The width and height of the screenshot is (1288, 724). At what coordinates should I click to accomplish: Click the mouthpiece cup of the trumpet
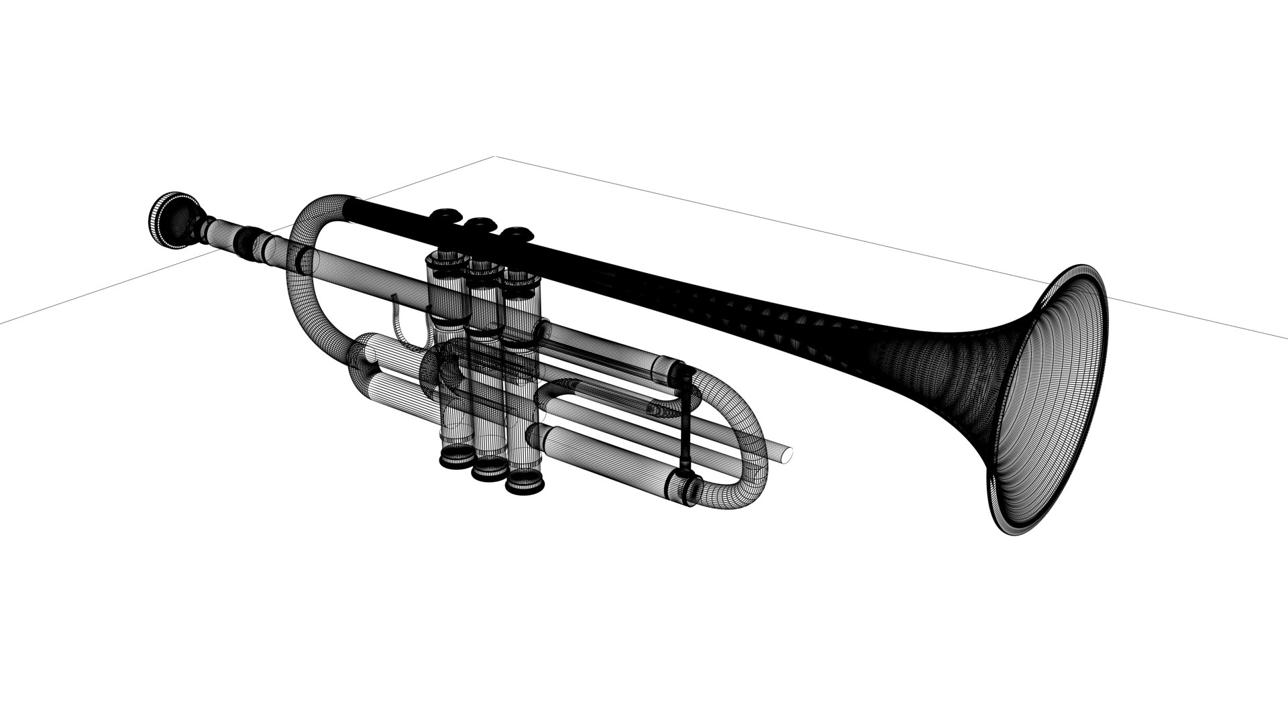(x=173, y=221)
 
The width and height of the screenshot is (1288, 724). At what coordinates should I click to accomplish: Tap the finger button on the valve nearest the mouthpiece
(x=444, y=215)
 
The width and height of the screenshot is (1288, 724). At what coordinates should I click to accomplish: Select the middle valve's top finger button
(x=480, y=223)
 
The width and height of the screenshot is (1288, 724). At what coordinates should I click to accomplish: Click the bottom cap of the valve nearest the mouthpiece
(x=455, y=458)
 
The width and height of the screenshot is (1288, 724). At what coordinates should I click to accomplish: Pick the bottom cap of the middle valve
(x=489, y=470)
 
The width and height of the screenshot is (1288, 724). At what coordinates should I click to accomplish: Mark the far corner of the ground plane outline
(x=496, y=157)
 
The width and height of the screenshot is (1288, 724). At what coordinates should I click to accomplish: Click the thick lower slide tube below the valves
(x=604, y=463)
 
